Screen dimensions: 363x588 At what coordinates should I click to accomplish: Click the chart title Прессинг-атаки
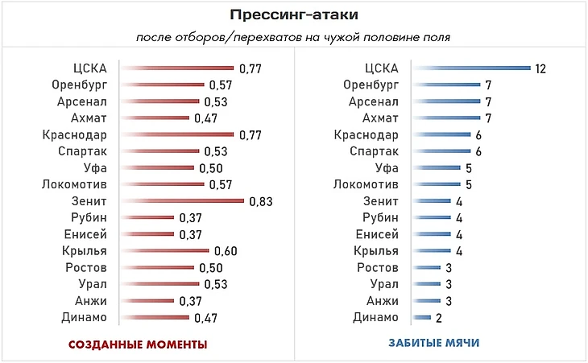click(293, 14)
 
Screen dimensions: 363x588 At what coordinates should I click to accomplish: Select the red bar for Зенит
click(182, 201)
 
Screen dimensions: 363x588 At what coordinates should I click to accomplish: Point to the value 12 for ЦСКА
click(540, 68)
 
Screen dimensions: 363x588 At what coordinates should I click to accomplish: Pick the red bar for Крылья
click(164, 251)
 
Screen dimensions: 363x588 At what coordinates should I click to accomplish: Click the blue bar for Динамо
click(422, 317)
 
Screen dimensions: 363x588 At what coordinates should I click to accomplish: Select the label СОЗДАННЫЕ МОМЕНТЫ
click(138, 344)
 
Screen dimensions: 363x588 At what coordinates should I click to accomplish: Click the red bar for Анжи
click(147, 301)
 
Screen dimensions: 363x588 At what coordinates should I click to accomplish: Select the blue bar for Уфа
click(435, 167)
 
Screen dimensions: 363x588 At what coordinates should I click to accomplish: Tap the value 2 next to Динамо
click(439, 318)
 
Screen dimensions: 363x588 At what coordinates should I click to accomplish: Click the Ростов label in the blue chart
click(377, 267)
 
